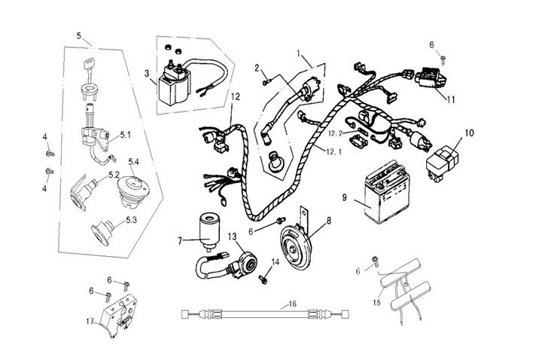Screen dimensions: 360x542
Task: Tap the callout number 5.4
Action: pyautogui.click(x=135, y=161)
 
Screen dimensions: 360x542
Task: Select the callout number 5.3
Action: pyautogui.click(x=130, y=221)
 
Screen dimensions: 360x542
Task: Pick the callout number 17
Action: pyautogui.click(x=90, y=319)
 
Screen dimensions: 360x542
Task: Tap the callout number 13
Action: pyautogui.click(x=231, y=237)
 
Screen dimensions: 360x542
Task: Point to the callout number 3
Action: pyautogui.click(x=148, y=74)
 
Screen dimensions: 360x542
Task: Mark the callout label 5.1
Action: pyautogui.click(x=125, y=135)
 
